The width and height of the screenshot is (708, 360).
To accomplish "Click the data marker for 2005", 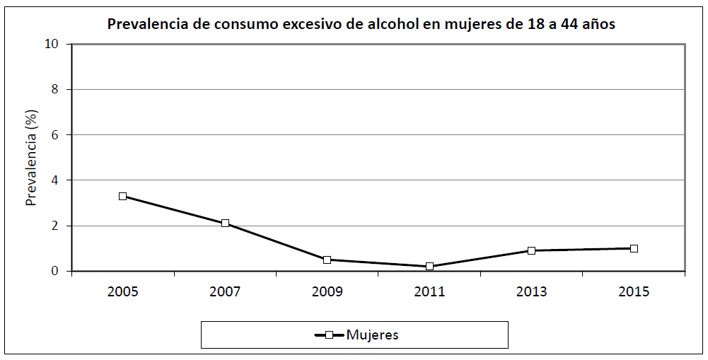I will coord(122,196).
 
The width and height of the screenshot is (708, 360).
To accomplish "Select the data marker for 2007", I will coord(225,223).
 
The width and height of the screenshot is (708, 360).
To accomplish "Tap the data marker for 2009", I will coord(327,260).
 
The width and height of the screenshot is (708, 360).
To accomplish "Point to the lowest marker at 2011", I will coord(429,267).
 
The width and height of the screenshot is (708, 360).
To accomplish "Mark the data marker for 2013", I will coord(531,250).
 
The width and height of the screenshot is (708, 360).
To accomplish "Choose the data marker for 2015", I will coord(634,248).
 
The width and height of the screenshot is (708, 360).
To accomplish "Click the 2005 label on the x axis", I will coord(122,291).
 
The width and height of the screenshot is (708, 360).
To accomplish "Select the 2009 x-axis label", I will coord(327,291).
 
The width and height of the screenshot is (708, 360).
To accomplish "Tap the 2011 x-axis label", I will coord(429,291).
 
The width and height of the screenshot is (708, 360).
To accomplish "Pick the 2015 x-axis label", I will coord(634,291).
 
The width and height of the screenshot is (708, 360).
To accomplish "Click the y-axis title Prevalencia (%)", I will coord(31,157).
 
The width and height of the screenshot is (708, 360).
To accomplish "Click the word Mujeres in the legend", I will coord(373,335).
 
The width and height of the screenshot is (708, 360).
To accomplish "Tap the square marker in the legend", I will coord(329,335).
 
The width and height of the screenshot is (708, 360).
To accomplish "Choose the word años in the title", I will coord(598,24).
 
